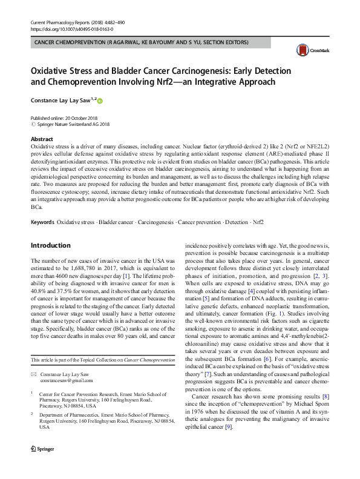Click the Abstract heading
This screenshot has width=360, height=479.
tap(42, 139)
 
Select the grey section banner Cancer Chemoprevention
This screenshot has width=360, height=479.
tap(142, 44)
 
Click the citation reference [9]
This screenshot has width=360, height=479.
tap(228, 428)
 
